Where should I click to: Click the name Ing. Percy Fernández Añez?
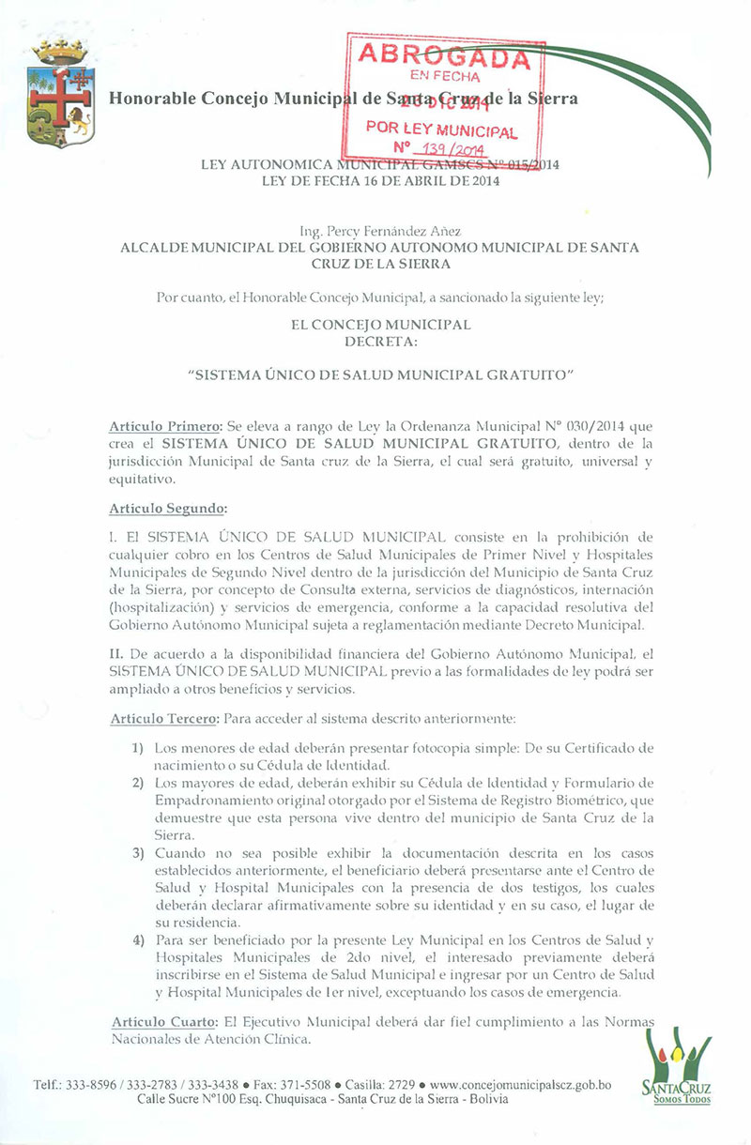tap(380, 231)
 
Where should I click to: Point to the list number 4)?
tap(137, 942)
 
